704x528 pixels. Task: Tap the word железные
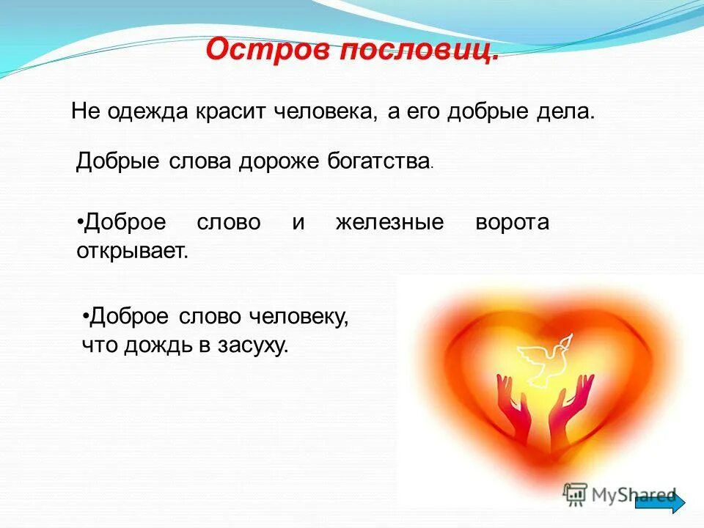point(389,222)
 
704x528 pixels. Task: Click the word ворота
point(512,222)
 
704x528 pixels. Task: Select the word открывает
point(132,251)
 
